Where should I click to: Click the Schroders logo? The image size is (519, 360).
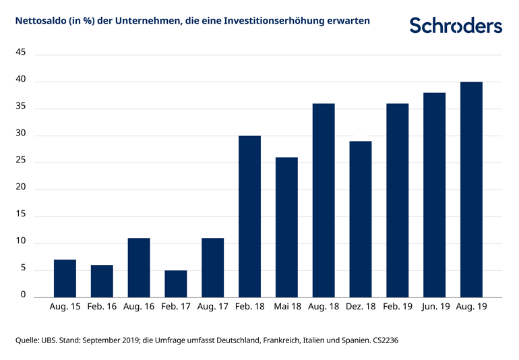coord(456,26)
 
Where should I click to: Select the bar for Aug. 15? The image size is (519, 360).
coord(65,278)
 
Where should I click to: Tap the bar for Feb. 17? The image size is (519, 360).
coord(175,284)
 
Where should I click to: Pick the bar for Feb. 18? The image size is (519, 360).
coord(249,216)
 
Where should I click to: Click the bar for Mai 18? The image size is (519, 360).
coord(286,227)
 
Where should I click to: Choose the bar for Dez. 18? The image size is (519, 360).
coord(360,219)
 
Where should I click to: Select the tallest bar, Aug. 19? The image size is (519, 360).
coord(470,189)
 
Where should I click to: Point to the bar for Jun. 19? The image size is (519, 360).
coord(434,195)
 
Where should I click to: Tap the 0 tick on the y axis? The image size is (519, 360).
coord(23,295)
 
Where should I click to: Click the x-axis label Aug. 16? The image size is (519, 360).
coord(139,307)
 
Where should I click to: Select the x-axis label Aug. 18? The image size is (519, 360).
coord(324,307)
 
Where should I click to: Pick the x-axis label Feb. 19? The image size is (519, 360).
coord(397,307)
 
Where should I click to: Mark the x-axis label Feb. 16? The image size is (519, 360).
coord(102,307)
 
